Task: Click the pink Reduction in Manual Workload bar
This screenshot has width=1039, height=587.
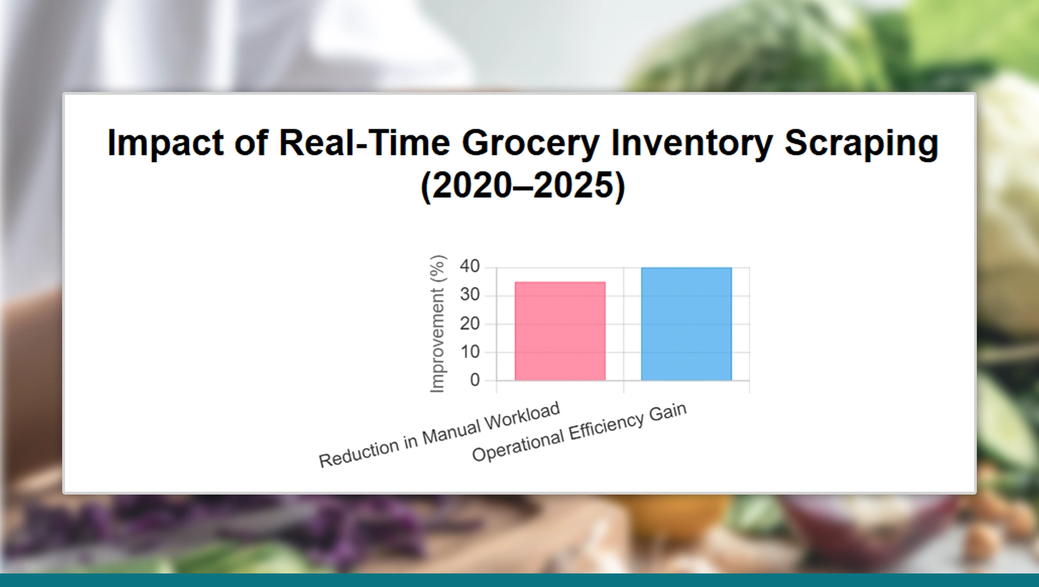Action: (x=560, y=331)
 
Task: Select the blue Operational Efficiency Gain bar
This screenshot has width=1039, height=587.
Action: (x=686, y=324)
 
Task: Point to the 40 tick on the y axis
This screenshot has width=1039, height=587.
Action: (x=470, y=266)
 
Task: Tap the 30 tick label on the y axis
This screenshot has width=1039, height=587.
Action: (x=470, y=295)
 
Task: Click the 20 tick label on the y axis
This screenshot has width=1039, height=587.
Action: (x=470, y=323)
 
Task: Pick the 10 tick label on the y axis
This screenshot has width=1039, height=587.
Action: (x=470, y=352)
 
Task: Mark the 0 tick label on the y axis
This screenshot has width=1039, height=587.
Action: (x=475, y=380)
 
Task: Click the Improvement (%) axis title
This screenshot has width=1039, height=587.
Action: (x=437, y=324)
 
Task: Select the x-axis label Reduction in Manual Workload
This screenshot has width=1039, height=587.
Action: (x=439, y=434)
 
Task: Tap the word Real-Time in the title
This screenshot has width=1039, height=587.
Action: (x=364, y=142)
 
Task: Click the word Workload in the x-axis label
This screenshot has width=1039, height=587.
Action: (x=522, y=416)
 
